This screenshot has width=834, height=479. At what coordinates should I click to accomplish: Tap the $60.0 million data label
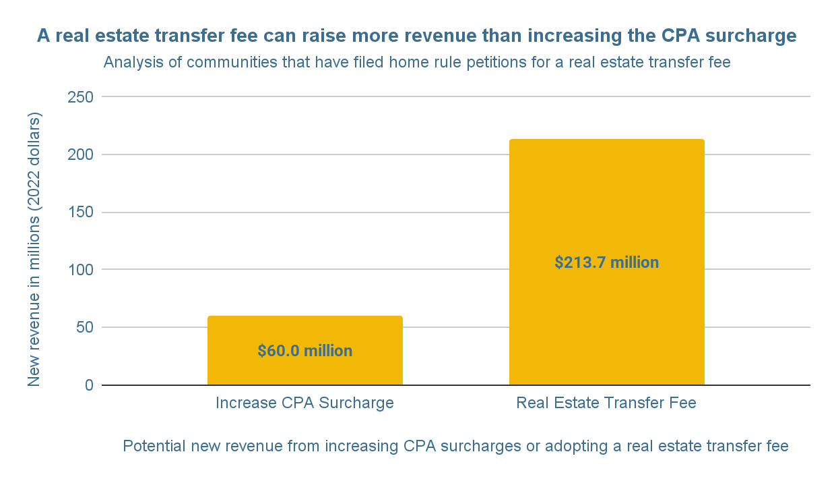304,351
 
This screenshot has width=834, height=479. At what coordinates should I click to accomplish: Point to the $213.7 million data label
606,262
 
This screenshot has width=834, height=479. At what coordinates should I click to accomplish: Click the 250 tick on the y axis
79,97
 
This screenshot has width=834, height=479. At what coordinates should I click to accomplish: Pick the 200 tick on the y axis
79,154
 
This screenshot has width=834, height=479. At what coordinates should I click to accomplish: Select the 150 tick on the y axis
79,213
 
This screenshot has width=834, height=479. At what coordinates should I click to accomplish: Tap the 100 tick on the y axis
79,270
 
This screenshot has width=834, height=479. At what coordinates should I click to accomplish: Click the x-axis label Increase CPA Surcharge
304,403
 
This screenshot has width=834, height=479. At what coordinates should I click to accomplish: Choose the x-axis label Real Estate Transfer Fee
606,403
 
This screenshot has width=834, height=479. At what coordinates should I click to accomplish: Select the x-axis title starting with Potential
455,446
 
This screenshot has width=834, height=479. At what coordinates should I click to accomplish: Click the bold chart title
417,36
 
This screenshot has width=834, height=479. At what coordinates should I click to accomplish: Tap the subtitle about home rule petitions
417,63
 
